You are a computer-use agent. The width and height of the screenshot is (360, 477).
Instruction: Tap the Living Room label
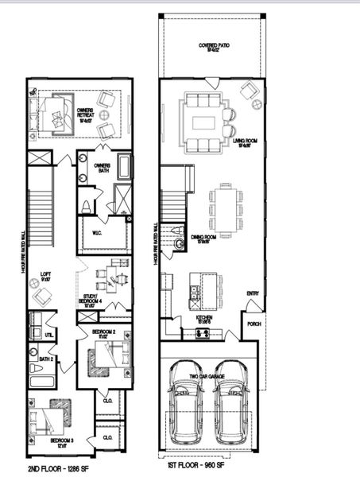point(244,143)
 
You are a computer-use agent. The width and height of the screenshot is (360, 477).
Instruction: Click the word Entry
point(252,294)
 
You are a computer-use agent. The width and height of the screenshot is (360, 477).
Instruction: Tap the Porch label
point(254,324)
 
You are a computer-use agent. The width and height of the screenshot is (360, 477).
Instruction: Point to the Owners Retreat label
point(84,114)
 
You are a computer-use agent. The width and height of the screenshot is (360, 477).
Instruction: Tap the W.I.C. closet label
point(97,234)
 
